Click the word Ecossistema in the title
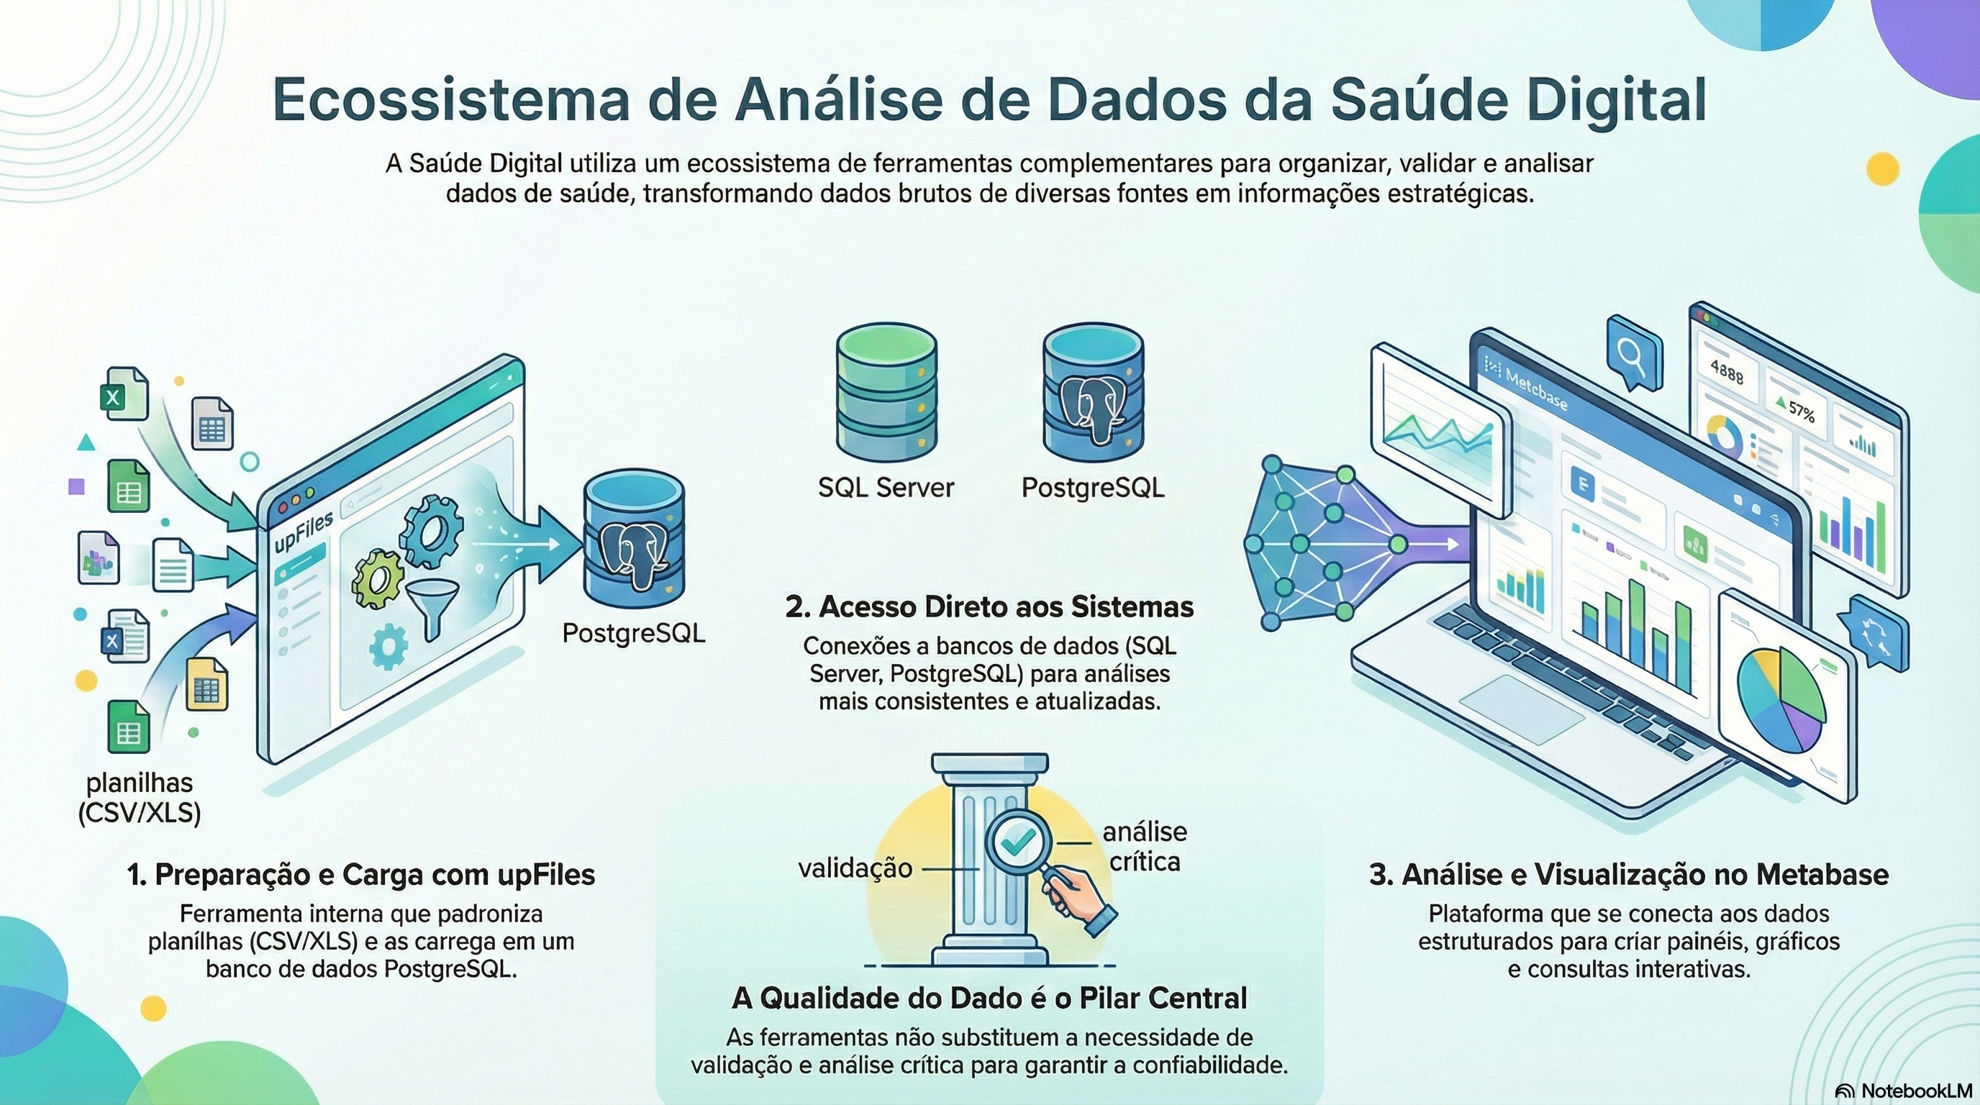coord(450,101)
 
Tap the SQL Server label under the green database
coord(886,487)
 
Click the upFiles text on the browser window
coord(304,530)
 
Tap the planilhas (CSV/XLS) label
coord(139,798)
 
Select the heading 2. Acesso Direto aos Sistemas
coord(989,607)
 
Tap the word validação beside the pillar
coord(855,868)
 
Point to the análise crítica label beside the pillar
coord(1145,847)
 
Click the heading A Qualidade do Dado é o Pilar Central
coord(989,999)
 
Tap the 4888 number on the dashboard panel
coord(1726,372)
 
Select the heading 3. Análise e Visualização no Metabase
coord(1629,875)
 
